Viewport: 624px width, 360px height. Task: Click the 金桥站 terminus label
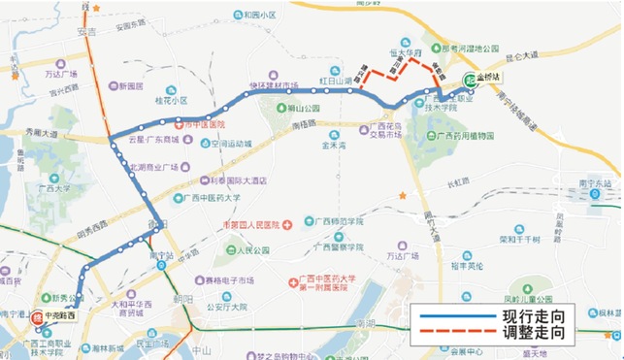491,78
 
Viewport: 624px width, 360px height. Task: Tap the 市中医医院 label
203,125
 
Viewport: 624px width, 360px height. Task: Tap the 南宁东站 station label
594,181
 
